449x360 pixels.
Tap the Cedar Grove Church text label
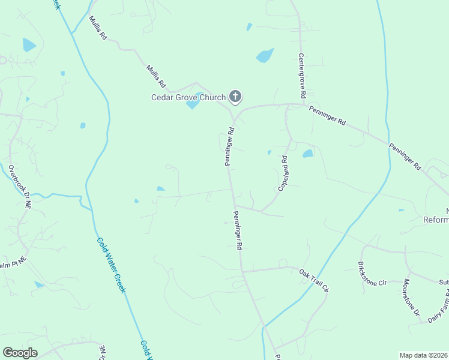point(188,97)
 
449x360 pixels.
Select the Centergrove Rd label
point(303,76)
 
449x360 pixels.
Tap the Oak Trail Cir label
point(315,280)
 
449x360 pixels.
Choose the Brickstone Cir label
point(372,274)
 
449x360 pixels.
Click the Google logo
point(20,353)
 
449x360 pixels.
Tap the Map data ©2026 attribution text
point(424,355)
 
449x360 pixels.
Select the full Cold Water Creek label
point(112,265)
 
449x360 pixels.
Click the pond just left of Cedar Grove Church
point(193,104)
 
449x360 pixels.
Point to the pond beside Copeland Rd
point(308,154)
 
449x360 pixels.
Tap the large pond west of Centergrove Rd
point(265,56)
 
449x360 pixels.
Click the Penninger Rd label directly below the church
point(229,146)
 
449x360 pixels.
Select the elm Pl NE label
point(13,262)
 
